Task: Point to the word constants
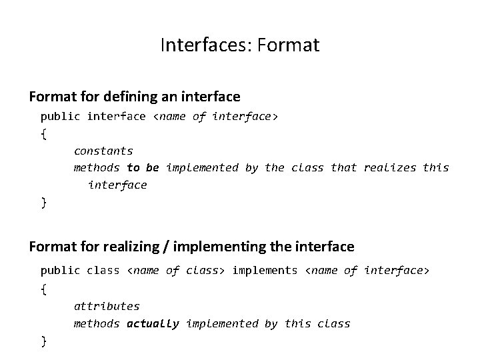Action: tap(103, 151)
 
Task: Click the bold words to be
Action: tap(143, 167)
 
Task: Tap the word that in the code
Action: tap(344, 167)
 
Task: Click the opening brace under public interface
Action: tap(44, 134)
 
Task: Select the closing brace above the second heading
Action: tap(44, 203)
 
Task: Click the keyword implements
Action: tap(265, 270)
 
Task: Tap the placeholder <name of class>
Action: tap(176, 270)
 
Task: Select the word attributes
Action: tap(107, 306)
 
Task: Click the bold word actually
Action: tap(153, 323)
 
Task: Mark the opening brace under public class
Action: tap(44, 289)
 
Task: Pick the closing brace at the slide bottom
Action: tap(44, 341)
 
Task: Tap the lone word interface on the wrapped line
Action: tap(117, 185)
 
